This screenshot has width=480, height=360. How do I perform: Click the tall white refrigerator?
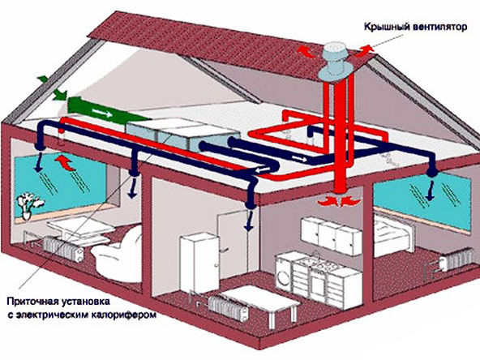[199, 264]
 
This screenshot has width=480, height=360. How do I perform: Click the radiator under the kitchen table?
[229, 309]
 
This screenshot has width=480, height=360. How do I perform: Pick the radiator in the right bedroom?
[455, 260]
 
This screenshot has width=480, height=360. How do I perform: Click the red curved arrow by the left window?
[65, 162]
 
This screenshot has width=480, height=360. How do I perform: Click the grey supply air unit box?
[182, 134]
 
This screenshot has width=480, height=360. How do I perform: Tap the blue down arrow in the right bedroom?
[431, 191]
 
